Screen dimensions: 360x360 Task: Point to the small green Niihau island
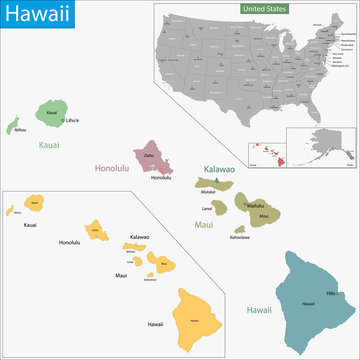(x=16, y=127)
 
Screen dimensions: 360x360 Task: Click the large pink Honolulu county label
(x=115, y=168)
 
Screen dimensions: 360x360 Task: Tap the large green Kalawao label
(x=219, y=170)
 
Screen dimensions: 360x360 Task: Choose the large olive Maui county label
(x=203, y=227)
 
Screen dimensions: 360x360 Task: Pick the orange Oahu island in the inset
(x=98, y=233)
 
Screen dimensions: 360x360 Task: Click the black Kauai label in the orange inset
(x=30, y=226)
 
